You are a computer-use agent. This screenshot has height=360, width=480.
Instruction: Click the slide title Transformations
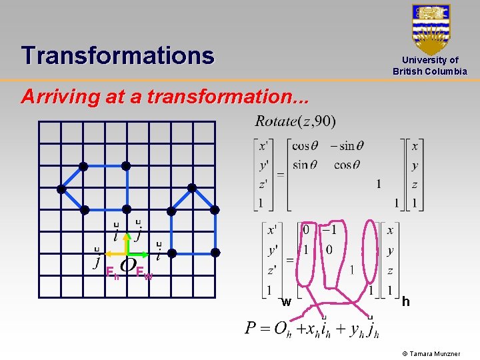click(117, 55)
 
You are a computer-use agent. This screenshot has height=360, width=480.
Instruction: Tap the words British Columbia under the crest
click(430, 71)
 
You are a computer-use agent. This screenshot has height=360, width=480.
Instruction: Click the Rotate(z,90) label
click(295, 121)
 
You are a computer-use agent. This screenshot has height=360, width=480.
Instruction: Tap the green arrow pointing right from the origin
click(139, 254)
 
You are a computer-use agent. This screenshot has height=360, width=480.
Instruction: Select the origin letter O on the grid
click(128, 265)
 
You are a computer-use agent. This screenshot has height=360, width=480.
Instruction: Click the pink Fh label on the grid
click(113, 272)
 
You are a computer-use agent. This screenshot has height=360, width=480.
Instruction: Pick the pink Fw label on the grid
click(143, 272)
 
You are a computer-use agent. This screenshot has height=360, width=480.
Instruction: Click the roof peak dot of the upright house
click(193, 189)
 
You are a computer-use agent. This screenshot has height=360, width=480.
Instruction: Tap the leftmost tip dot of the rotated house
click(61, 189)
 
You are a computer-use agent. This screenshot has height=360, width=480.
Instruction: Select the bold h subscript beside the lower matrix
click(405, 302)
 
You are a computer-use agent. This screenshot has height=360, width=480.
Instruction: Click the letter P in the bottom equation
click(251, 329)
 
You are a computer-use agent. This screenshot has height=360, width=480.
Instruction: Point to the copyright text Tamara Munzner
click(437, 353)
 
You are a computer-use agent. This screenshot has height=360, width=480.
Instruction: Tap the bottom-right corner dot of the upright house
click(215, 253)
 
